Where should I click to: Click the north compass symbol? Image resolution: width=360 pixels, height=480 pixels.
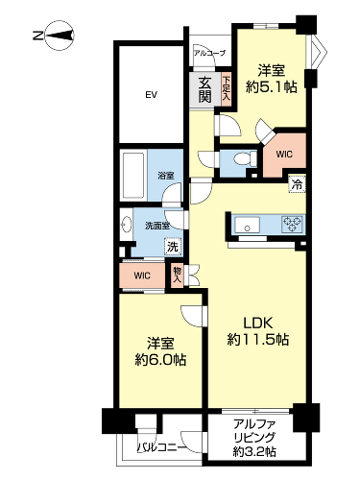(x=60, y=36)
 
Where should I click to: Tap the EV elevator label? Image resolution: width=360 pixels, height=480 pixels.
(x=151, y=95)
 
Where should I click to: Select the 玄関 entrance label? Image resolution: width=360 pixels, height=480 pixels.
(x=204, y=89)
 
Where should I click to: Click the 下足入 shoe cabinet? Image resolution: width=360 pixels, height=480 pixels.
(x=227, y=88)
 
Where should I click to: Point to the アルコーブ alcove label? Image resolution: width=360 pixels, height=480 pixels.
(x=209, y=53)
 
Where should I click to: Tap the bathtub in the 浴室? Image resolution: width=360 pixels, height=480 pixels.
(x=133, y=176)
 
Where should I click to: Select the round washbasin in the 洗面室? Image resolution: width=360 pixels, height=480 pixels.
(x=127, y=225)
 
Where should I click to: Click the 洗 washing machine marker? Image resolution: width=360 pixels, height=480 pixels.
(x=173, y=247)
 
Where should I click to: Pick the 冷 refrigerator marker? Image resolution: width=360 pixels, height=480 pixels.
(x=298, y=184)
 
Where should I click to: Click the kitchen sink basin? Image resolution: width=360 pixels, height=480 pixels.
(x=247, y=226)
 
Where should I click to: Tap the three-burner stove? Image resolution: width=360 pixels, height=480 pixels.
(x=292, y=224)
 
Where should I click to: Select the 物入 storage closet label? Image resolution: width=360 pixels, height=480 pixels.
(x=177, y=275)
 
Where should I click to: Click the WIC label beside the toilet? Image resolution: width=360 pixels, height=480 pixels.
(x=284, y=155)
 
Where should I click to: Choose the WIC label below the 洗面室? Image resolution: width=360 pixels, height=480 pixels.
(x=142, y=276)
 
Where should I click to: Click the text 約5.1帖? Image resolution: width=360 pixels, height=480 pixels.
(x=271, y=86)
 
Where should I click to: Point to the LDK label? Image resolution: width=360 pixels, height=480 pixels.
(x=258, y=324)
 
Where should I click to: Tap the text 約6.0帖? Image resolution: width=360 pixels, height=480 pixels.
(x=160, y=360)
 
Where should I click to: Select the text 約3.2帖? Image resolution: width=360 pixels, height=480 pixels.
(x=254, y=451)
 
